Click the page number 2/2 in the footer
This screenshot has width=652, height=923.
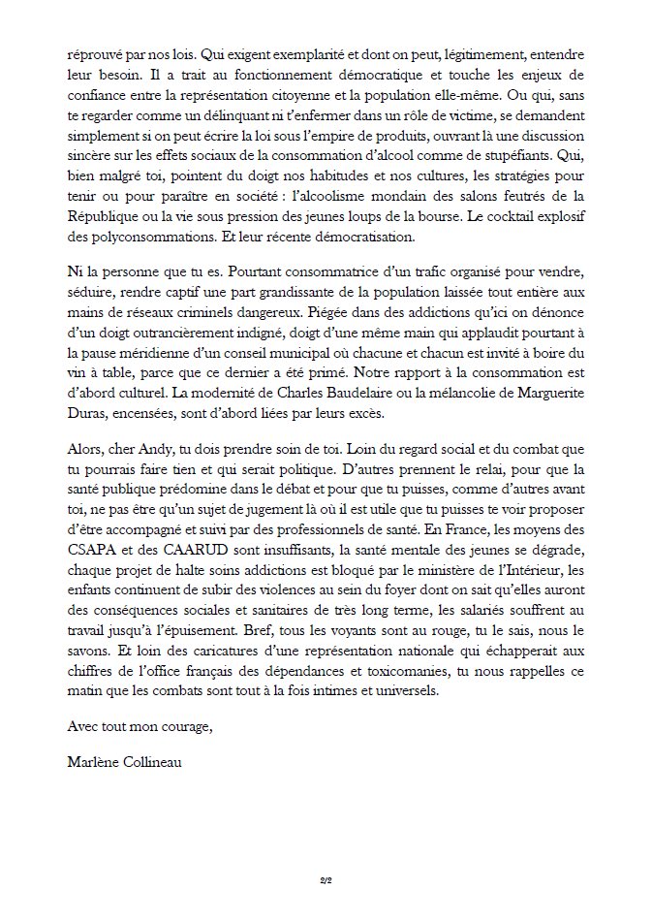coord(326,880)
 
